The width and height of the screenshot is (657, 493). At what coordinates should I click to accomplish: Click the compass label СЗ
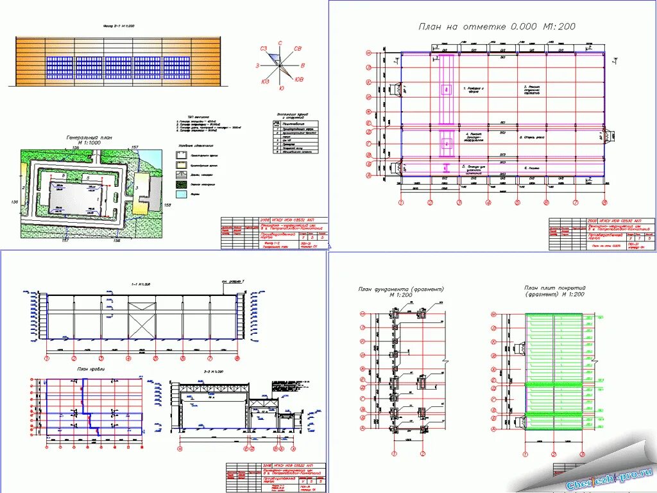(x=263, y=49)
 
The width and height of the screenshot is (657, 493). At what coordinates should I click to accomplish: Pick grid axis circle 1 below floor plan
(x=401, y=202)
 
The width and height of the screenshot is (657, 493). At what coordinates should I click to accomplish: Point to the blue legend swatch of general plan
(x=182, y=193)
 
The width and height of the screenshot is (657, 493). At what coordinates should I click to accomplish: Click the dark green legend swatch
(x=182, y=184)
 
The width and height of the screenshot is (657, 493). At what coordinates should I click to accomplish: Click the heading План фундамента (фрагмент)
(x=401, y=290)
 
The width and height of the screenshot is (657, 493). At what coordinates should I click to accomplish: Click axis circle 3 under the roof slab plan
(x=582, y=454)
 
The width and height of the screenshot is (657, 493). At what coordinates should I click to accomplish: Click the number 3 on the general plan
(x=137, y=187)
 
